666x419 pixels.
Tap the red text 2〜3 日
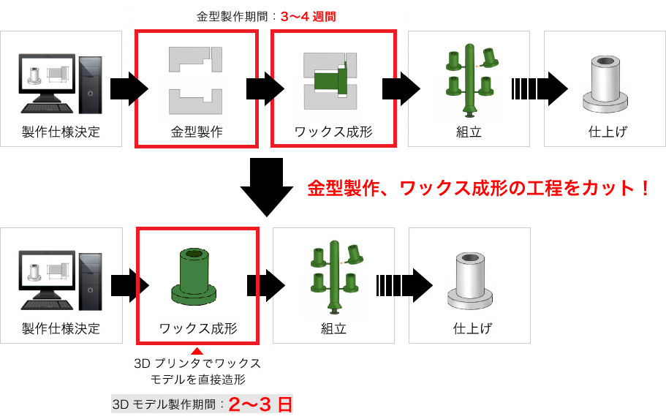point(260,404)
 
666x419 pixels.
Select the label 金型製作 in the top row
point(196,132)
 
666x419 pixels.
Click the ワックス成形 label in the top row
point(333,132)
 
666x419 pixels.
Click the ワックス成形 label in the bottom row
point(198,329)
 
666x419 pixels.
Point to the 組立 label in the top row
point(468,132)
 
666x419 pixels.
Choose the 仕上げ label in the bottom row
point(469,329)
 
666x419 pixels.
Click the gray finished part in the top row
point(605,84)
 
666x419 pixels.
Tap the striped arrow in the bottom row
point(404,285)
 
